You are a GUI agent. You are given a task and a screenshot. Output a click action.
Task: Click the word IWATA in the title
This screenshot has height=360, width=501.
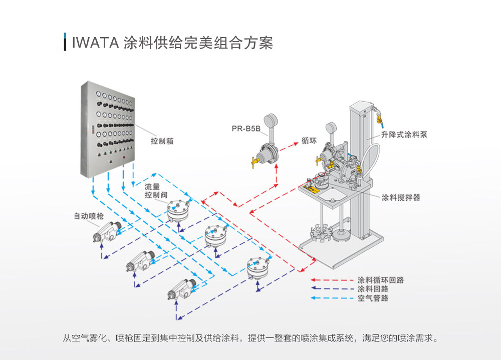pos(96,43)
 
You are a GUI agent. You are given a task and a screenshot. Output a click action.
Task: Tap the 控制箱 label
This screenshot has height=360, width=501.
pos(162,141)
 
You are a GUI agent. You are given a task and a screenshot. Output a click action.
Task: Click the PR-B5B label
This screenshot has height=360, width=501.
pos(246,129)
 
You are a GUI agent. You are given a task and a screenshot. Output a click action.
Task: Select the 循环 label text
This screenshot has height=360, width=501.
pos(309,141)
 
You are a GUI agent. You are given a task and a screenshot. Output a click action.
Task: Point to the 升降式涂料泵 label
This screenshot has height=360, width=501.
pos(404,135)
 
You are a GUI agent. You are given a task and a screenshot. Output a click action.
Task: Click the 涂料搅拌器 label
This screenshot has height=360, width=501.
pos(401,197)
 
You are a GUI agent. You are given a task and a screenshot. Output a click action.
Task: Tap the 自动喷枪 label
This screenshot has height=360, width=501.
pos(89,216)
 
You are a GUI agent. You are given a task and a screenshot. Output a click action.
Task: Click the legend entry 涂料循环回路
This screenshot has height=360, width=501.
pos(381,280)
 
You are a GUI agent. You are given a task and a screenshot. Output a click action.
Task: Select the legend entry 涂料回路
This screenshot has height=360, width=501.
pos(373,289)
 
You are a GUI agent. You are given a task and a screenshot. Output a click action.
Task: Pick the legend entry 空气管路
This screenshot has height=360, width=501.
pos(373,298)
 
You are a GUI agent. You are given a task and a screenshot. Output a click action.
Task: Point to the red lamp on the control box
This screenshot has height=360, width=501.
pos(124,157)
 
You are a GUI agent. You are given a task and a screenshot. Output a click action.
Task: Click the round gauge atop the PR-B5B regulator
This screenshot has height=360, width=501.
pos(271,121)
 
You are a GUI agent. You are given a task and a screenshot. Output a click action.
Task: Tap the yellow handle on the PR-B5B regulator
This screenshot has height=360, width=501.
pos(255,162)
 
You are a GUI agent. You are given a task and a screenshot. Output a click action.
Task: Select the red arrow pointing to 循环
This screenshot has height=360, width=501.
pos(289,146)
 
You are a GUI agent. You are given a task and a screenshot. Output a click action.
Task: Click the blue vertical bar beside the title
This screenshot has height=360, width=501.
pos(65,42)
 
